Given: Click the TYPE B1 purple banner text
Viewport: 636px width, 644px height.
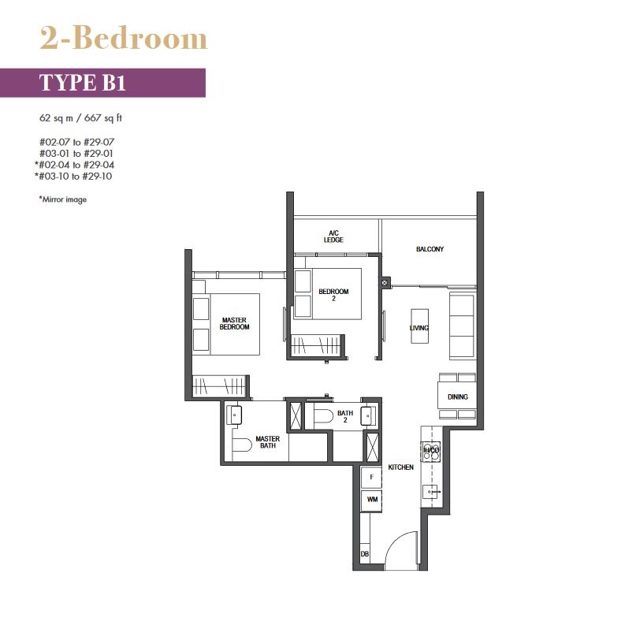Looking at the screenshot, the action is click(82, 83).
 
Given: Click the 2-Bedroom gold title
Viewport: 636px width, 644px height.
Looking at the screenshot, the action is click(124, 39).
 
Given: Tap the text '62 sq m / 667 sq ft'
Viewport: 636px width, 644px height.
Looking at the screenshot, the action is click(81, 118).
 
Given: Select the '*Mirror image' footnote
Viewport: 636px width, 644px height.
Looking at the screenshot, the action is click(63, 199).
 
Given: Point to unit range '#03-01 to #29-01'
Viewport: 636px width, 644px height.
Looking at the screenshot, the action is click(76, 154).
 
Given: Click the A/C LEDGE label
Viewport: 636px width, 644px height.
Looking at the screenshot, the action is click(333, 236).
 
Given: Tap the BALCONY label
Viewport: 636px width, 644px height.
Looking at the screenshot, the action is click(430, 249).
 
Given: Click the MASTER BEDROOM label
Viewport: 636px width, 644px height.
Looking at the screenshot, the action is click(234, 324).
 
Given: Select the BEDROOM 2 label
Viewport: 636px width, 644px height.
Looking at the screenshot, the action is click(333, 295).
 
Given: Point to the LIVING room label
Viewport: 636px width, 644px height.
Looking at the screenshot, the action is click(419, 328).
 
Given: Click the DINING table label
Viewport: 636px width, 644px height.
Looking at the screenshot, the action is click(458, 396).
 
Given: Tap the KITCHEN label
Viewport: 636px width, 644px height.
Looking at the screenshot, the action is click(400, 467).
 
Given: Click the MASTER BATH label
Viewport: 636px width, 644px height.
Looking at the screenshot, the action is click(268, 442).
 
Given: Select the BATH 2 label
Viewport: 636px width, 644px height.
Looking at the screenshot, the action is click(345, 416).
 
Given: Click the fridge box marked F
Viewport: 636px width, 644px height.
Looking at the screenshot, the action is click(371, 477).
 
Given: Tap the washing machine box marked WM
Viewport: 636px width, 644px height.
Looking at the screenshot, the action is click(371, 500).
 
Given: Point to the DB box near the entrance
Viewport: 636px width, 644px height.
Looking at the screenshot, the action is click(365, 554).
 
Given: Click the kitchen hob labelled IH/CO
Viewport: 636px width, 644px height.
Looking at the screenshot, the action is click(431, 451).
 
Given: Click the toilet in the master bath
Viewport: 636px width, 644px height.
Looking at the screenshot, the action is click(242, 445).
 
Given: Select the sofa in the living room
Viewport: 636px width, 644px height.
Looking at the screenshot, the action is click(463, 326).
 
